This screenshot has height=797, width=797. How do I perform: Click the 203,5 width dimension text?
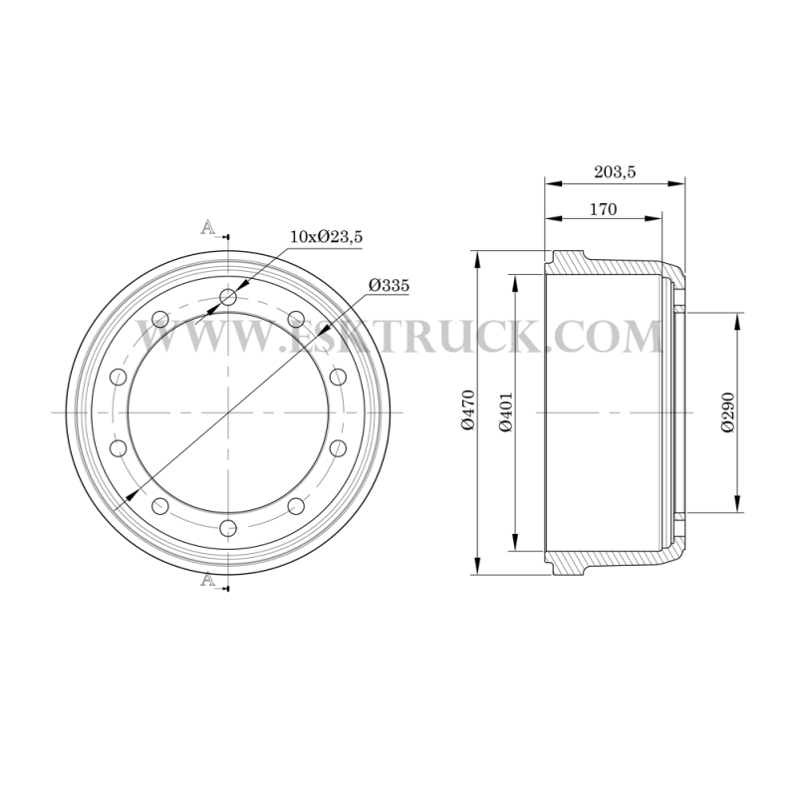(x=615, y=171)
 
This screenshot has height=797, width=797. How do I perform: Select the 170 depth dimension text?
(x=603, y=209)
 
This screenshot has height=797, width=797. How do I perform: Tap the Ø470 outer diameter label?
(x=468, y=409)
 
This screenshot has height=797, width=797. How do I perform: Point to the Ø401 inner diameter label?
(x=506, y=411)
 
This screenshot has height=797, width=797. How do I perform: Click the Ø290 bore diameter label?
(x=727, y=411)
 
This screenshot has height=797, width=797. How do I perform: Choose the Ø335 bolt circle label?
(x=389, y=285)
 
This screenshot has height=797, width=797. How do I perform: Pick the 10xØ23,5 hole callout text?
(x=327, y=236)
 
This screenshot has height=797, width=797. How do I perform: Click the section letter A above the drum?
(x=207, y=227)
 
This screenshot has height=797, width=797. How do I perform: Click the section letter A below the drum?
(x=207, y=579)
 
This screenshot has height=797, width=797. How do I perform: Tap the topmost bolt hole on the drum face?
(x=229, y=297)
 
